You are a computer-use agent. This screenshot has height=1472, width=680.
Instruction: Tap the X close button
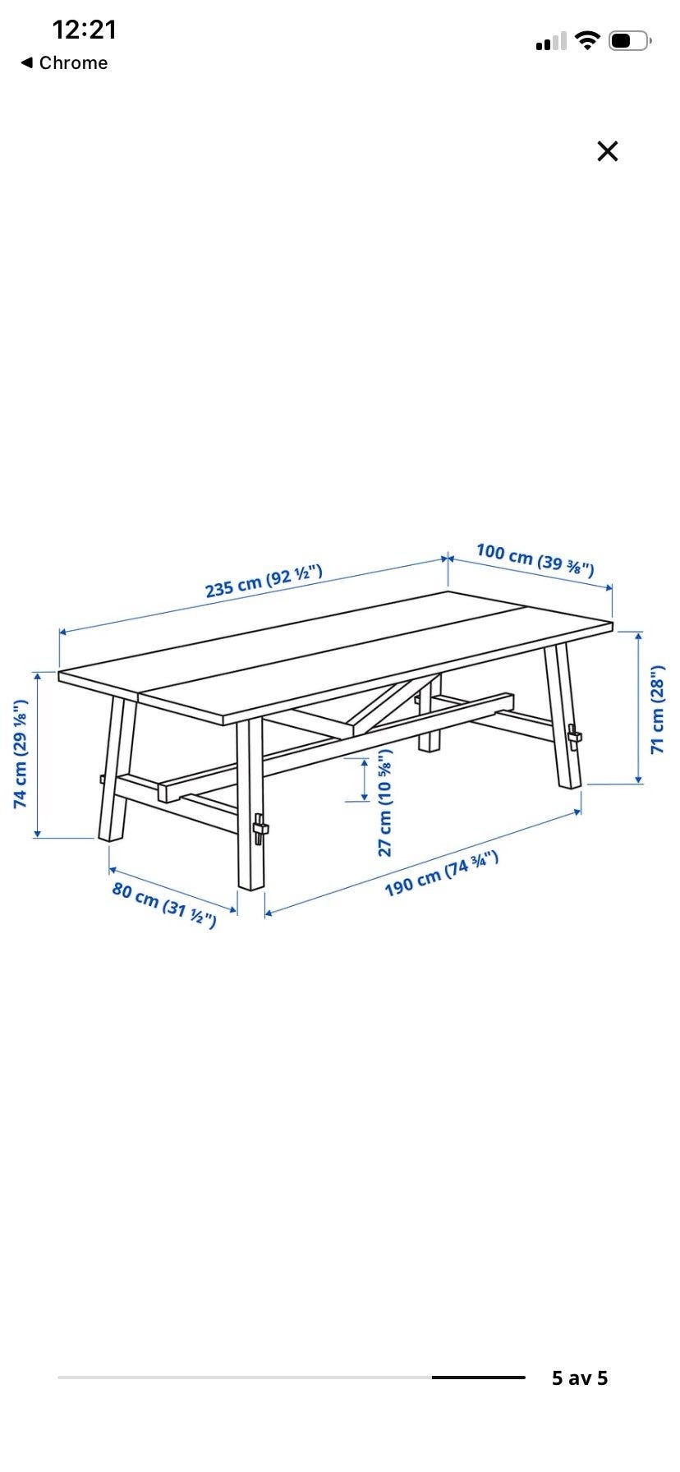[607, 151]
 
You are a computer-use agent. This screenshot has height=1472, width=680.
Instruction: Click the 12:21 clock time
[85, 30]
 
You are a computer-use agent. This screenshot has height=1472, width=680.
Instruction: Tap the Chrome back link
[64, 63]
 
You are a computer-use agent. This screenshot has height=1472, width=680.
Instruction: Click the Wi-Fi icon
[587, 40]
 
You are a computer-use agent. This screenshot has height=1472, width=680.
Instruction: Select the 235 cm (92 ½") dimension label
[263, 582]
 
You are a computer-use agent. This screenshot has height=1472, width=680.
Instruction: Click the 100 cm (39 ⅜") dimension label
[535, 559]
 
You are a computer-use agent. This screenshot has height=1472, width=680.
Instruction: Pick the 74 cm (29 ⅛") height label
[21, 753]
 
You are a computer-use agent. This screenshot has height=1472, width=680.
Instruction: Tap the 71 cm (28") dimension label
[658, 707]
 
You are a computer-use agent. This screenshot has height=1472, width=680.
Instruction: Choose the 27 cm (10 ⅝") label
[385, 803]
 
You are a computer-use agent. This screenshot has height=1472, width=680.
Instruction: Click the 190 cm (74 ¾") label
[442, 875]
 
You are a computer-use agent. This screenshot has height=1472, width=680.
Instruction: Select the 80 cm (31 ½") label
[164, 904]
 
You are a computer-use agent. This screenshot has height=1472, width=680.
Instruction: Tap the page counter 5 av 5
[580, 1378]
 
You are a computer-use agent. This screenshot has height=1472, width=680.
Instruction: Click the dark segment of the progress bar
[479, 1378]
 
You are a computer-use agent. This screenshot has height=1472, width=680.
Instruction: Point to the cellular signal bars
[551, 41]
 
